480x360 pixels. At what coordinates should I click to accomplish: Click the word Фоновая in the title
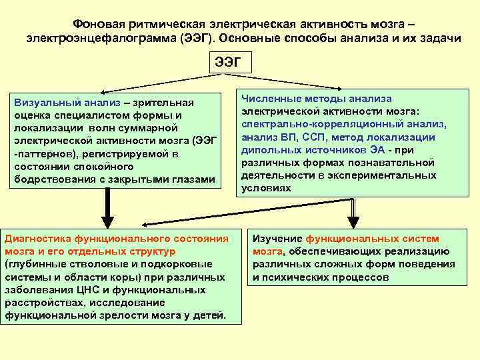click(x=99, y=22)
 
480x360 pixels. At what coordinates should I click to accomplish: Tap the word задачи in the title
click(x=437, y=38)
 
